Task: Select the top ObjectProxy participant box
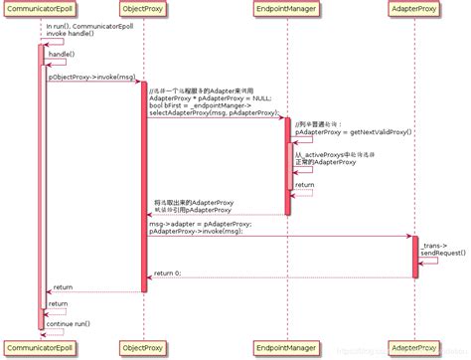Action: click(143, 12)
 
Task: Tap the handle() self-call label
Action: click(61, 54)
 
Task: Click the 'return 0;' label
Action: click(167, 271)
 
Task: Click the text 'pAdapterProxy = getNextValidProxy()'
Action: click(353, 131)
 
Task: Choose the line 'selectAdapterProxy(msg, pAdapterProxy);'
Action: click(213, 113)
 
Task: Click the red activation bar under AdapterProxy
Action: click(415, 257)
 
